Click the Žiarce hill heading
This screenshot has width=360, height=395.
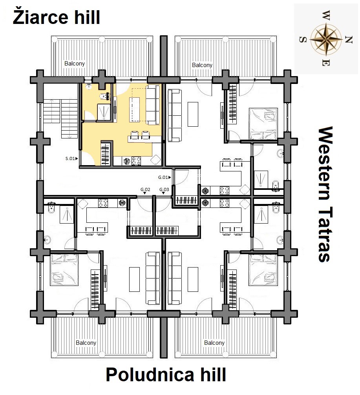click(x=56, y=17)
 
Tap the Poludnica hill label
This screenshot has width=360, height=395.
click(x=166, y=375)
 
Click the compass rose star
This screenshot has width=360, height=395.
click(x=326, y=40)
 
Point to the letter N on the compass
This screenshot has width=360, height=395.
click(x=348, y=40)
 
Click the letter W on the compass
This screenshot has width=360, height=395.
click(x=326, y=15)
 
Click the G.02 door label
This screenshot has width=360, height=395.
click(x=145, y=189)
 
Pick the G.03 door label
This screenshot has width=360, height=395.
click(x=164, y=189)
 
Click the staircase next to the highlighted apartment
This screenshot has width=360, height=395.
click(x=60, y=118)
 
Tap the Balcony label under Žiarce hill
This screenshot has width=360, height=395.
click(x=74, y=64)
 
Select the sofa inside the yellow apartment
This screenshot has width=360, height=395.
click(x=153, y=105)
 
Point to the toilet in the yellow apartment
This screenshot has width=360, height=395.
click(x=104, y=96)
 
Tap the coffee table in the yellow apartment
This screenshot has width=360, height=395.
click(x=135, y=109)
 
